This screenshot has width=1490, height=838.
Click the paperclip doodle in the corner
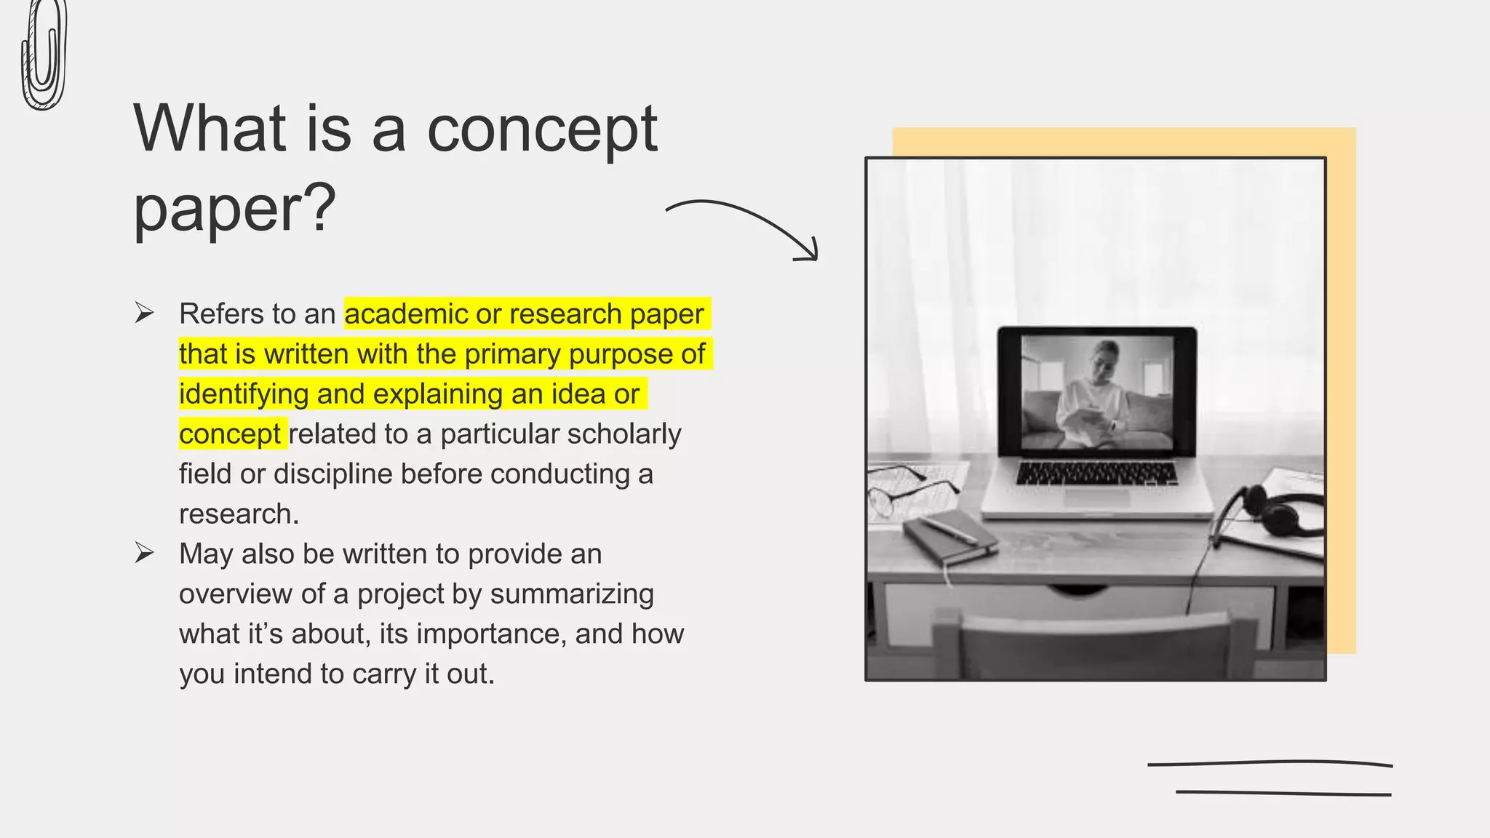pyautogui.click(x=44, y=55)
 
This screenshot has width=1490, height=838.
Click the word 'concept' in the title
pyautogui.click(x=541, y=129)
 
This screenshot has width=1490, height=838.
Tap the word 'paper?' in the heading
pyautogui.click(x=234, y=208)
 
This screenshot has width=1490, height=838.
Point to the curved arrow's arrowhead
pyautogui.click(x=809, y=252)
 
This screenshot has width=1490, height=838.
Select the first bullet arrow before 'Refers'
pyautogui.click(x=144, y=314)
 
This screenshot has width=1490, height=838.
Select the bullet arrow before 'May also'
pyautogui.click(x=144, y=554)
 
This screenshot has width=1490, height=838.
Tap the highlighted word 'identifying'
pyautogui.click(x=244, y=394)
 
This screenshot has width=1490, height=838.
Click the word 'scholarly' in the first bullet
pyautogui.click(x=624, y=434)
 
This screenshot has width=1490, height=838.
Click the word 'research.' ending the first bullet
pyautogui.click(x=239, y=514)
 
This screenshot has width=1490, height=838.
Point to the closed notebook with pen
pyautogui.click(x=949, y=538)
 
